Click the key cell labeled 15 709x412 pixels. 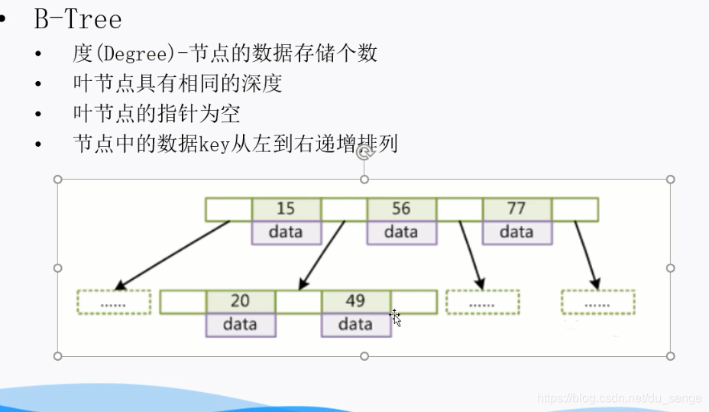click(x=286, y=209)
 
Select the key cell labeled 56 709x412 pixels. click(x=401, y=209)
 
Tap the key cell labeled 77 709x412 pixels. click(x=516, y=209)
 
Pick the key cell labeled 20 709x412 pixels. click(x=240, y=301)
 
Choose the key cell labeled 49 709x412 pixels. click(x=355, y=301)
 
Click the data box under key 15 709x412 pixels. click(x=286, y=232)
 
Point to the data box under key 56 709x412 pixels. click(x=401, y=232)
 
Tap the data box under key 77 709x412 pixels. click(x=516, y=232)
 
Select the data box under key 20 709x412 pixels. click(x=240, y=325)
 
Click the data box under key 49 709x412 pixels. click(x=355, y=325)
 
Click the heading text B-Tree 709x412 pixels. click(x=77, y=19)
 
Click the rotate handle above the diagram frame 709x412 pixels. click(x=364, y=153)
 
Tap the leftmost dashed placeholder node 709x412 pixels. click(x=114, y=303)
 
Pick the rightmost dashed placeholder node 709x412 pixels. click(x=597, y=303)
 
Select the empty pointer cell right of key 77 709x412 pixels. click(x=575, y=209)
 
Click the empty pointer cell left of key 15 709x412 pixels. click(x=228, y=209)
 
